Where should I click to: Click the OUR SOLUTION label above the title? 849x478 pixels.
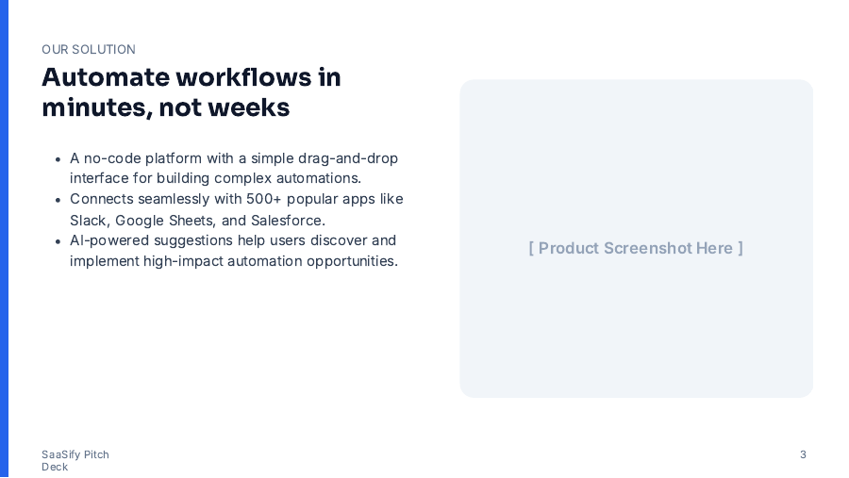[89, 49]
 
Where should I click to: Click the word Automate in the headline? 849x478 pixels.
[105, 77]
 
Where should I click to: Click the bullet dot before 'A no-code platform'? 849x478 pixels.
[58, 158]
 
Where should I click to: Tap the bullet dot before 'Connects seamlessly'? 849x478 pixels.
[58, 200]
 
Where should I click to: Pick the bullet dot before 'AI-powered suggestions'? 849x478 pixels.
[58, 241]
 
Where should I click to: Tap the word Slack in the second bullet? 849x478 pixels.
[88, 220]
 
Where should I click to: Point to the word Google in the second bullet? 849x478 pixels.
[139, 220]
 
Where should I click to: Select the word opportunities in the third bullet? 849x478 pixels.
[351, 261]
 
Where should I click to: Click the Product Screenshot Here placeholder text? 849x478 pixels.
[636, 248]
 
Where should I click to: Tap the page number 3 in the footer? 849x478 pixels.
[803, 454]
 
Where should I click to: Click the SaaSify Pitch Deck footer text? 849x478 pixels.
[75, 460]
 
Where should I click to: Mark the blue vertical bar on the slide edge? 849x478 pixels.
[4, 239]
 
